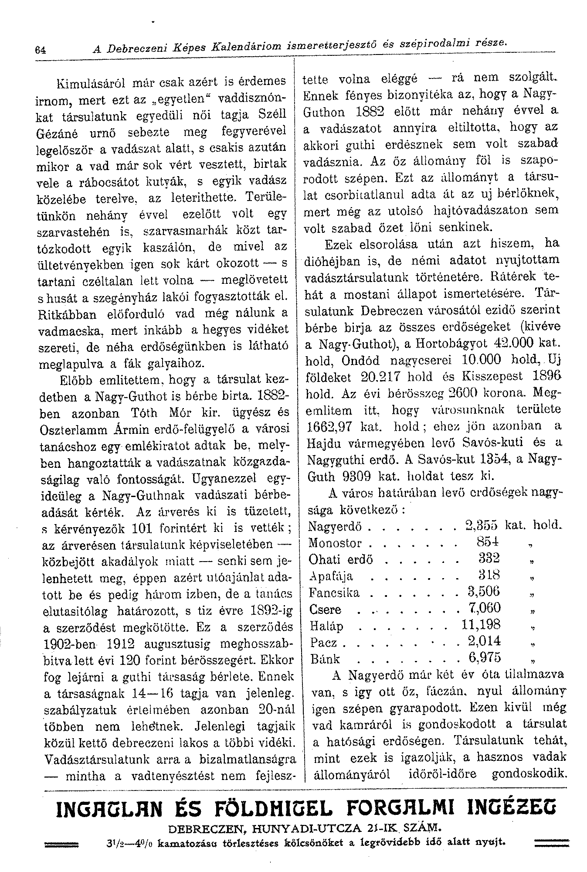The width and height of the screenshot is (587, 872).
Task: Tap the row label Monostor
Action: coord(335,543)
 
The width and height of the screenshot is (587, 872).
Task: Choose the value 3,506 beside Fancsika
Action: coord(483,592)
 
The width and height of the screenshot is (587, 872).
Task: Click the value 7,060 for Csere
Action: coord(483,608)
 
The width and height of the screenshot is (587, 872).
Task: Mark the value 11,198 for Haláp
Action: coord(481,625)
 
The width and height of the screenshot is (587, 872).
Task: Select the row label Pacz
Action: coord(323,642)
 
